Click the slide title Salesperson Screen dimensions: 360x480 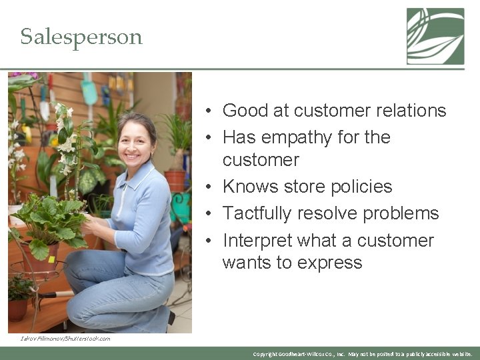[81, 37]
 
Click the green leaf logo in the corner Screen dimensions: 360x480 [435, 36]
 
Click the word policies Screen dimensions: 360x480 [359, 187]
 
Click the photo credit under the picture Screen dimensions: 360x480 [65, 339]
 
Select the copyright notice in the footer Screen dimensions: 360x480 [363, 354]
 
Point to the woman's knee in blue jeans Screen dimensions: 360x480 [79, 261]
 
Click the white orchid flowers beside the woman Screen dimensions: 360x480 [67, 143]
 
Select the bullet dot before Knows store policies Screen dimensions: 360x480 [209, 187]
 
